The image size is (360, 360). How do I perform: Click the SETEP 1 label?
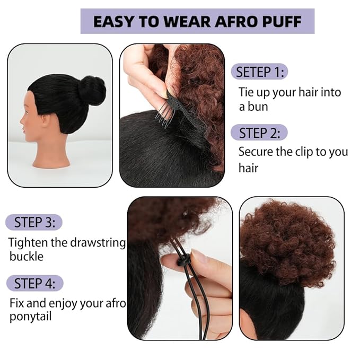pyautogui.click(x=260, y=72)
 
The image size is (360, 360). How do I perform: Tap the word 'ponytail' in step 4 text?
pyautogui.click(x=30, y=318)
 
